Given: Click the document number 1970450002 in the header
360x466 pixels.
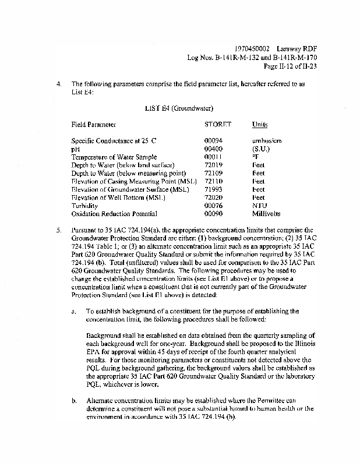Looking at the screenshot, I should (x=250, y=49).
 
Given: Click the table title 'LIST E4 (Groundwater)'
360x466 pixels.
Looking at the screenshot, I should (x=178, y=108).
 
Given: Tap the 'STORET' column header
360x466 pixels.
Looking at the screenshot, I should (x=218, y=125).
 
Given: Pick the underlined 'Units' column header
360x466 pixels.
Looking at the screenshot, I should (x=259, y=125).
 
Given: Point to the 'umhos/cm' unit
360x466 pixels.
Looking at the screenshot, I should (x=267, y=141).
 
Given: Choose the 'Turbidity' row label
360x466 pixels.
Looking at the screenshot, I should (x=84, y=206).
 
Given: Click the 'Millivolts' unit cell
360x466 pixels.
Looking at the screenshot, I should (x=266, y=214).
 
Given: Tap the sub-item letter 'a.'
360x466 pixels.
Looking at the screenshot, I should (x=73, y=312).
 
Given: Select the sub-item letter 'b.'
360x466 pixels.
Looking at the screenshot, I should (x=73, y=401).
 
